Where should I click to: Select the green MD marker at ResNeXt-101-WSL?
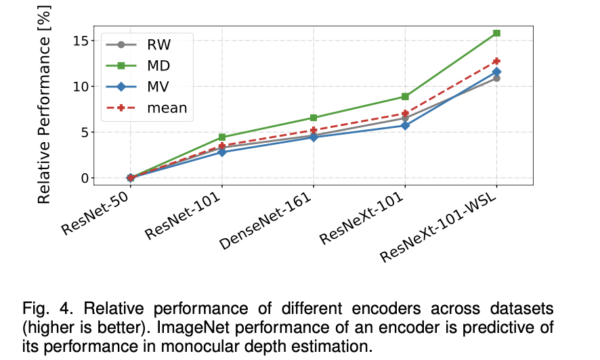click(x=496, y=33)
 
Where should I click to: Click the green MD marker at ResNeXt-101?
click(x=405, y=97)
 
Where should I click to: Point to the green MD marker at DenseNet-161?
click(x=314, y=118)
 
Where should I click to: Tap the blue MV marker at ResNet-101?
click(x=222, y=152)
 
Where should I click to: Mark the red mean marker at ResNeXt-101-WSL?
click(x=496, y=61)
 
